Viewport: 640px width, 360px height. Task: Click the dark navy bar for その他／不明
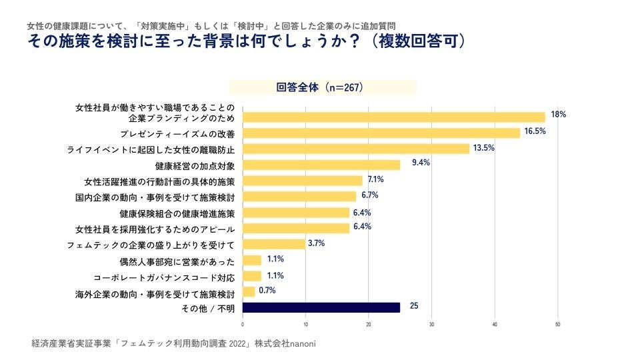pyautogui.click(x=321, y=307)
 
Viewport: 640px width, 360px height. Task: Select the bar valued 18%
pyautogui.click(x=393, y=117)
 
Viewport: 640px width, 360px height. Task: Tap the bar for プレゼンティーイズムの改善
pyautogui.click(x=381, y=133)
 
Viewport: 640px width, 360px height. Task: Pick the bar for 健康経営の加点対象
pyautogui.click(x=321, y=165)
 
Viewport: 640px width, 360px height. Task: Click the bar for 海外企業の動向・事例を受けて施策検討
pyautogui.click(x=248, y=291)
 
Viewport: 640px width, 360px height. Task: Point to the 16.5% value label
pyautogui.click(x=535, y=131)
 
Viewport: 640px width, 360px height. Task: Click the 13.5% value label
pyautogui.click(x=483, y=148)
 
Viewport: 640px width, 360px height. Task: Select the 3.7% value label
pyautogui.click(x=316, y=243)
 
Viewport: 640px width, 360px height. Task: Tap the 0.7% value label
pyautogui.click(x=267, y=291)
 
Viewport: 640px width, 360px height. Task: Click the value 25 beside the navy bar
pyautogui.click(x=414, y=307)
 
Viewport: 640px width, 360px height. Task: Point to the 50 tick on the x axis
pyautogui.click(x=557, y=325)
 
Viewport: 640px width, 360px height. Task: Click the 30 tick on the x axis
pyautogui.click(x=431, y=325)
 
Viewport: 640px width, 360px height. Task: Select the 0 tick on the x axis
pyautogui.click(x=242, y=325)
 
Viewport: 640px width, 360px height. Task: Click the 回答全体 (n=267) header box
pyautogui.click(x=323, y=87)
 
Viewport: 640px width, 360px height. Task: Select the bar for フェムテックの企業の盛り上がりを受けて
pyautogui.click(x=273, y=244)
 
